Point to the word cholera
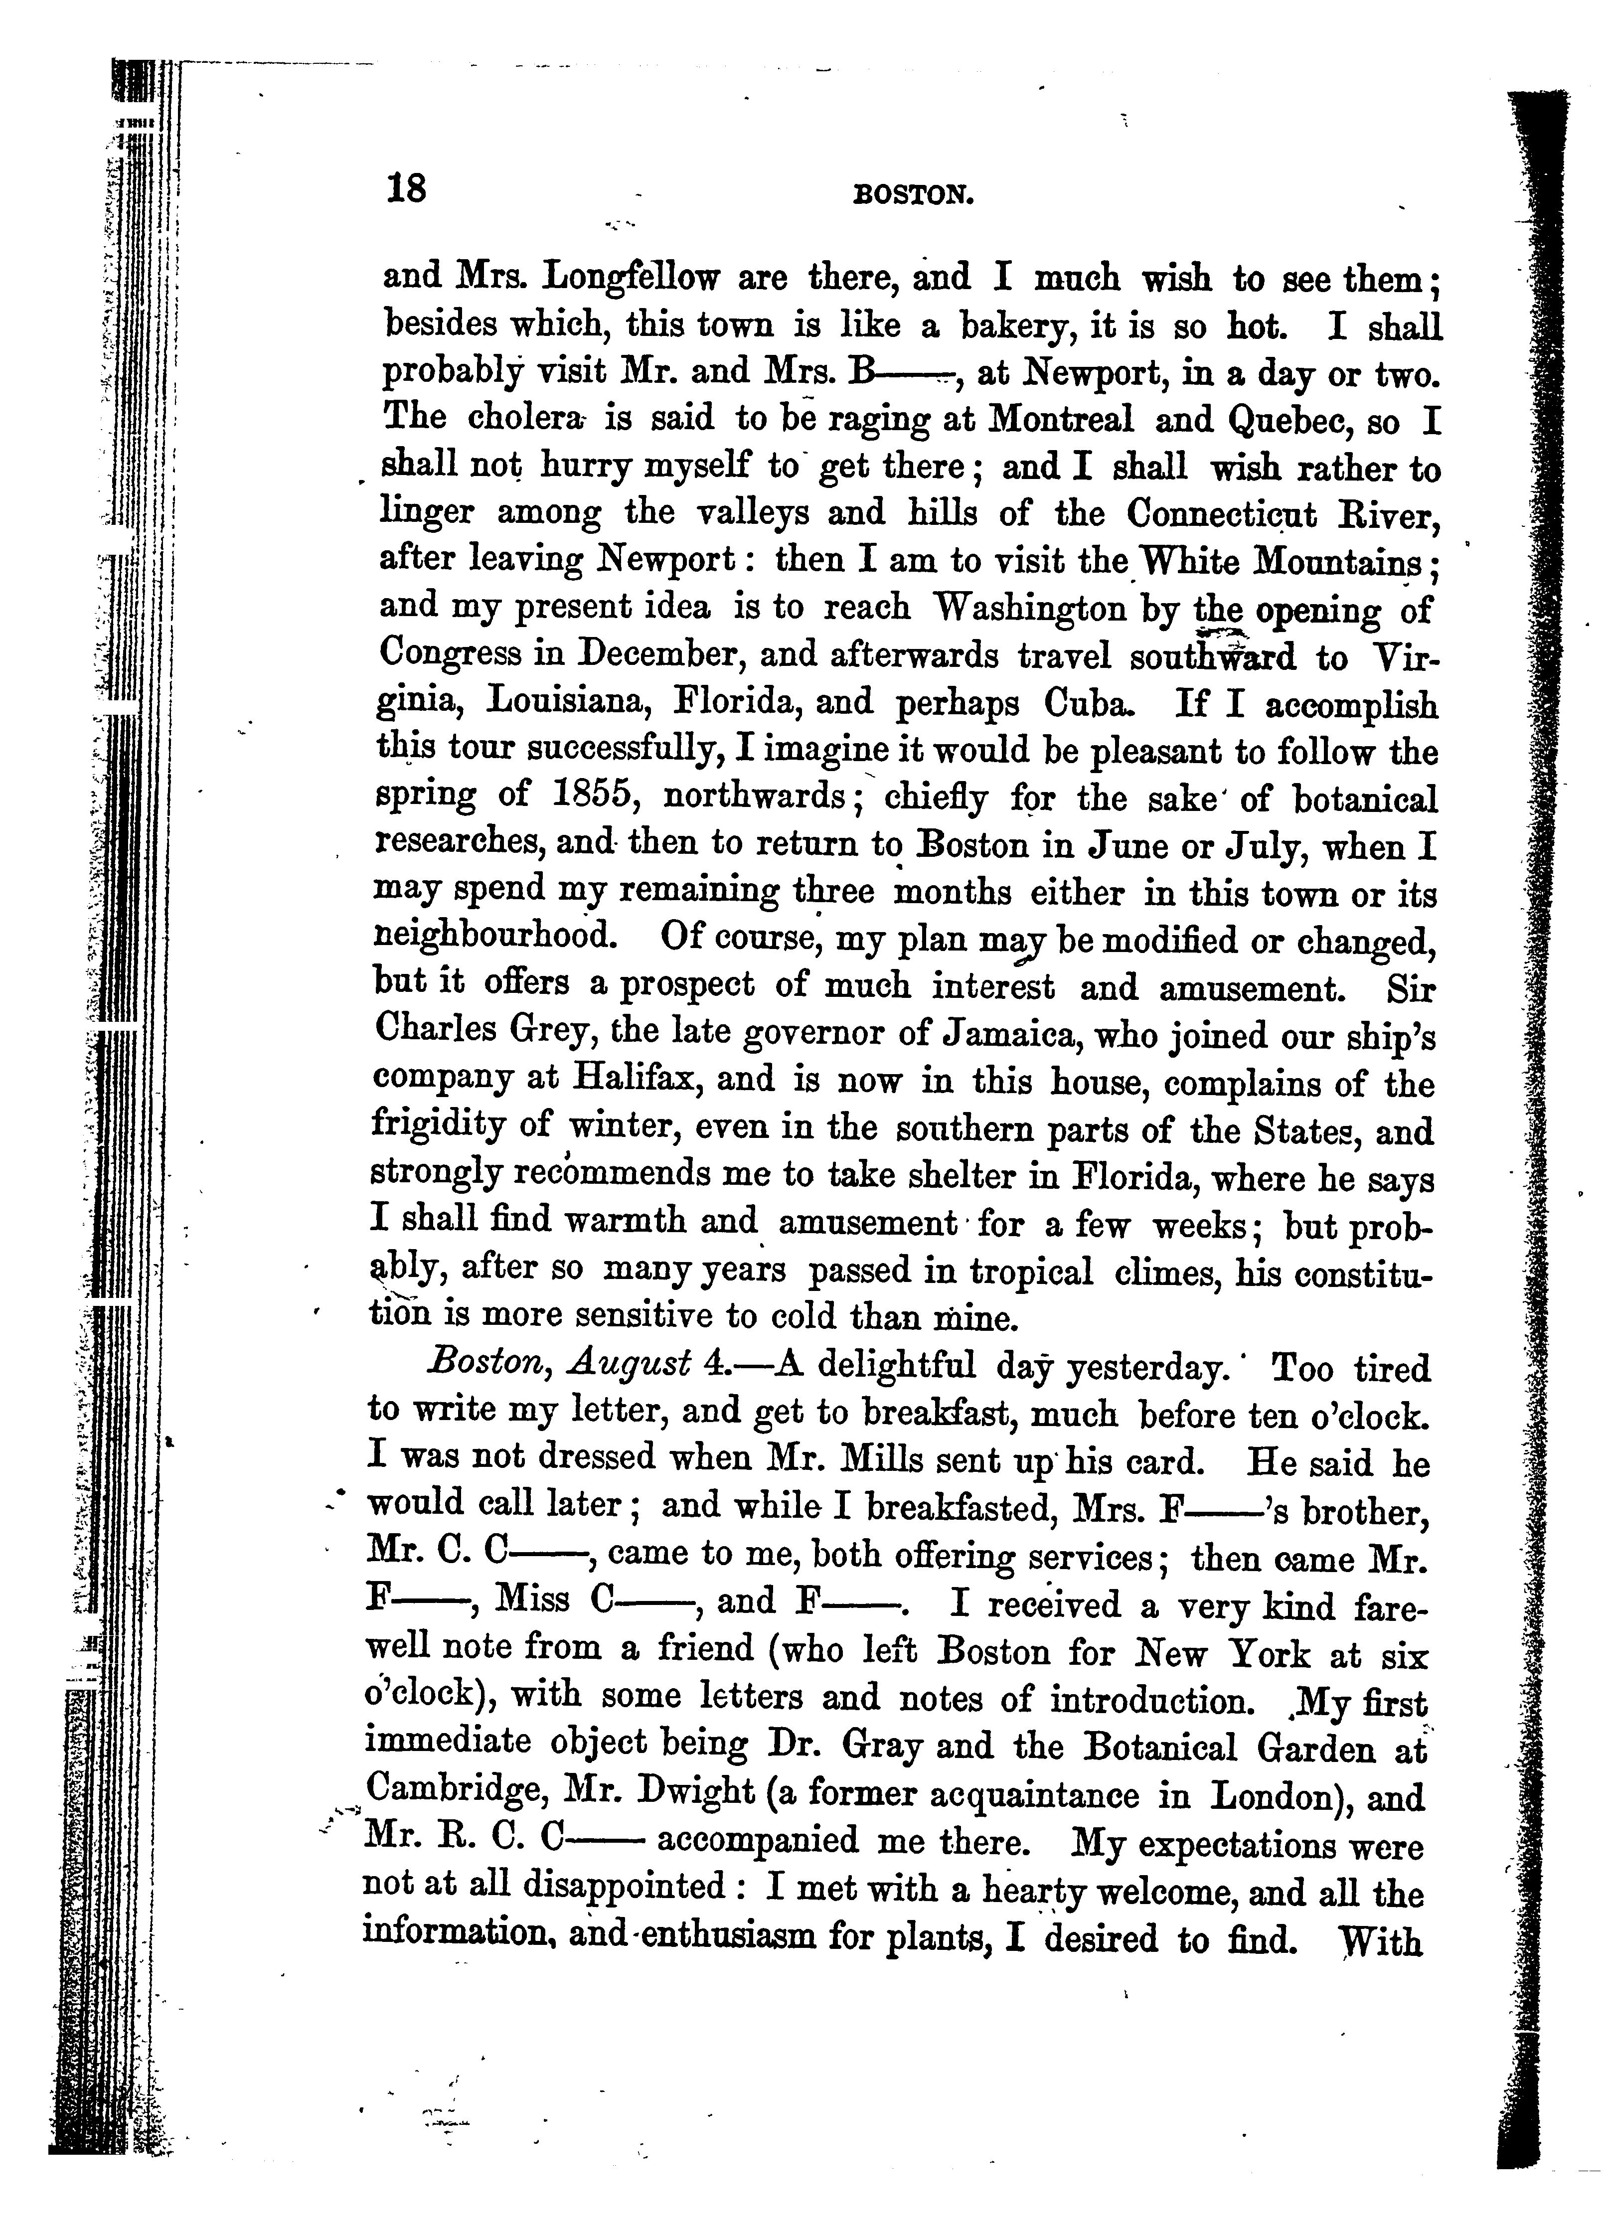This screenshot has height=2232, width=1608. (526, 419)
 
